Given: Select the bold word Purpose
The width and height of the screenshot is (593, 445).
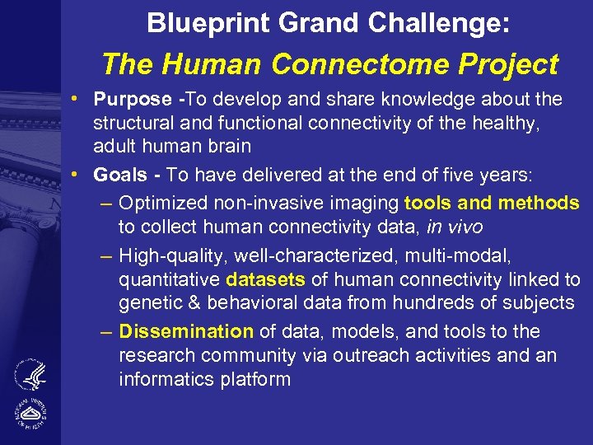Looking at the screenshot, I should coord(133,100).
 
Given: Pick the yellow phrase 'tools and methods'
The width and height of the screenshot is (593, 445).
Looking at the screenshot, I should coord(492,203).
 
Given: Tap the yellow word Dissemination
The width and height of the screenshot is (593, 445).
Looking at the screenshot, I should coord(186,331).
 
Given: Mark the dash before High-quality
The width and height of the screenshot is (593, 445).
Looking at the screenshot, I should coord(106,256).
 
